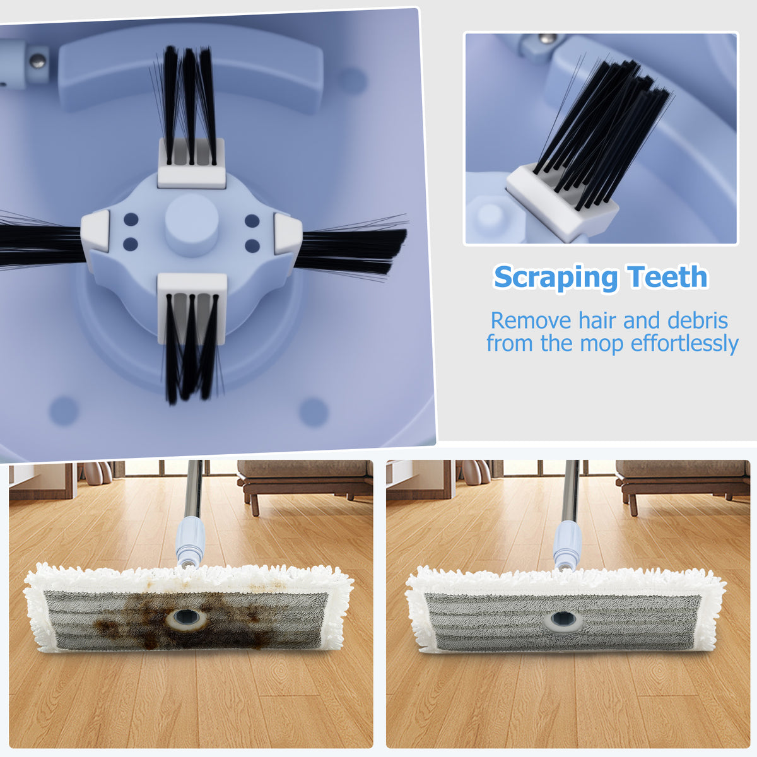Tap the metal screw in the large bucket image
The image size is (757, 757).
(38, 61)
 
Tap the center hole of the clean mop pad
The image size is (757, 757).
(563, 621)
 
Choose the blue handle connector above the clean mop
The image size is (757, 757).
(567, 542)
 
